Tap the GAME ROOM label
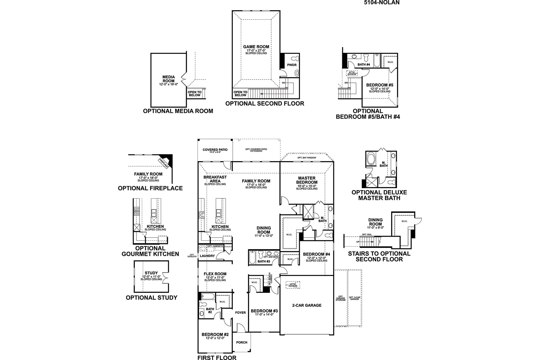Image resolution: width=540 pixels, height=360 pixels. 256,47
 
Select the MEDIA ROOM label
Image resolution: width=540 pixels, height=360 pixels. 169,79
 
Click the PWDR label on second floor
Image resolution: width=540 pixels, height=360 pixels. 292,65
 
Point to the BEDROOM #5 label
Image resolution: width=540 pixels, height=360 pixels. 379,85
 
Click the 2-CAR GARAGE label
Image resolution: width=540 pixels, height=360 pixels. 307,305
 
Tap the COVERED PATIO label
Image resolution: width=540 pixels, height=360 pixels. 215,150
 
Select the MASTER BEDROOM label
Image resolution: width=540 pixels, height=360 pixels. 307,180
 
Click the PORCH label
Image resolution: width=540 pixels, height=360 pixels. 241,342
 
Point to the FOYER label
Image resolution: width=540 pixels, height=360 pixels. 240,313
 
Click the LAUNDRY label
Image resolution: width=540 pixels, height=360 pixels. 207,256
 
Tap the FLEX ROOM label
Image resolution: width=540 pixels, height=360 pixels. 215,274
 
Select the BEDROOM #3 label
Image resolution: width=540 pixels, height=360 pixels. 264,311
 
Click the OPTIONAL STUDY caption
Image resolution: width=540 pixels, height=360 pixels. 151,298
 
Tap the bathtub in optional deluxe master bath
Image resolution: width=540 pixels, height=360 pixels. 370,159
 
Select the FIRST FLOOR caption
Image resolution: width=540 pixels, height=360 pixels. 217,358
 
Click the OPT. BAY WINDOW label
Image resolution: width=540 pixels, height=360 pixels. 307,157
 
